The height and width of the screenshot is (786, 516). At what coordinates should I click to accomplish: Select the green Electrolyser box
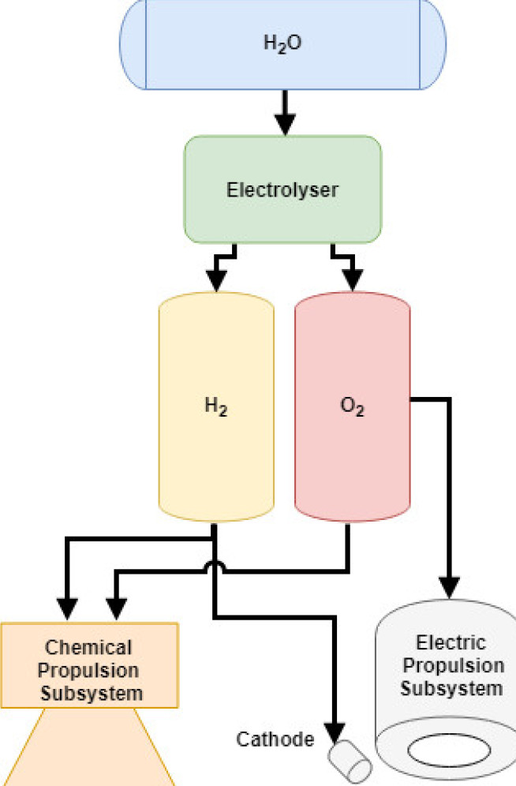click(282, 189)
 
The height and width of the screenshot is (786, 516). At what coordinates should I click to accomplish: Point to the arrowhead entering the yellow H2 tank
click(215, 280)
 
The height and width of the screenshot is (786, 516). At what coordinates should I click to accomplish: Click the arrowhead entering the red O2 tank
click(352, 280)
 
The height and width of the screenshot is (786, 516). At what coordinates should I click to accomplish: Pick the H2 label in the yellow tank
click(215, 408)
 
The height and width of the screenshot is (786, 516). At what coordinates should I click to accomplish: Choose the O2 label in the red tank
click(352, 408)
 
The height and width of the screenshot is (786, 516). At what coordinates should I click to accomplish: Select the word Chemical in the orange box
click(89, 648)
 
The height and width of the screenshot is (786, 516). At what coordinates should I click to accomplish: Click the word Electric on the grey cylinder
click(451, 642)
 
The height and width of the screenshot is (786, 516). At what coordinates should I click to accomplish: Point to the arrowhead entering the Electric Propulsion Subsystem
click(451, 589)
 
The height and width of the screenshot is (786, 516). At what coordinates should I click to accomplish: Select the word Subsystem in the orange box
click(89, 694)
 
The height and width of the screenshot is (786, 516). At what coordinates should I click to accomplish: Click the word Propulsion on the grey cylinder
click(451, 665)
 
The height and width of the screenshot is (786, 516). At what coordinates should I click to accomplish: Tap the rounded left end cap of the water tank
click(133, 44)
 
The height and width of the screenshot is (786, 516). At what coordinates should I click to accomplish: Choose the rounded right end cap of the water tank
click(433, 44)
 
